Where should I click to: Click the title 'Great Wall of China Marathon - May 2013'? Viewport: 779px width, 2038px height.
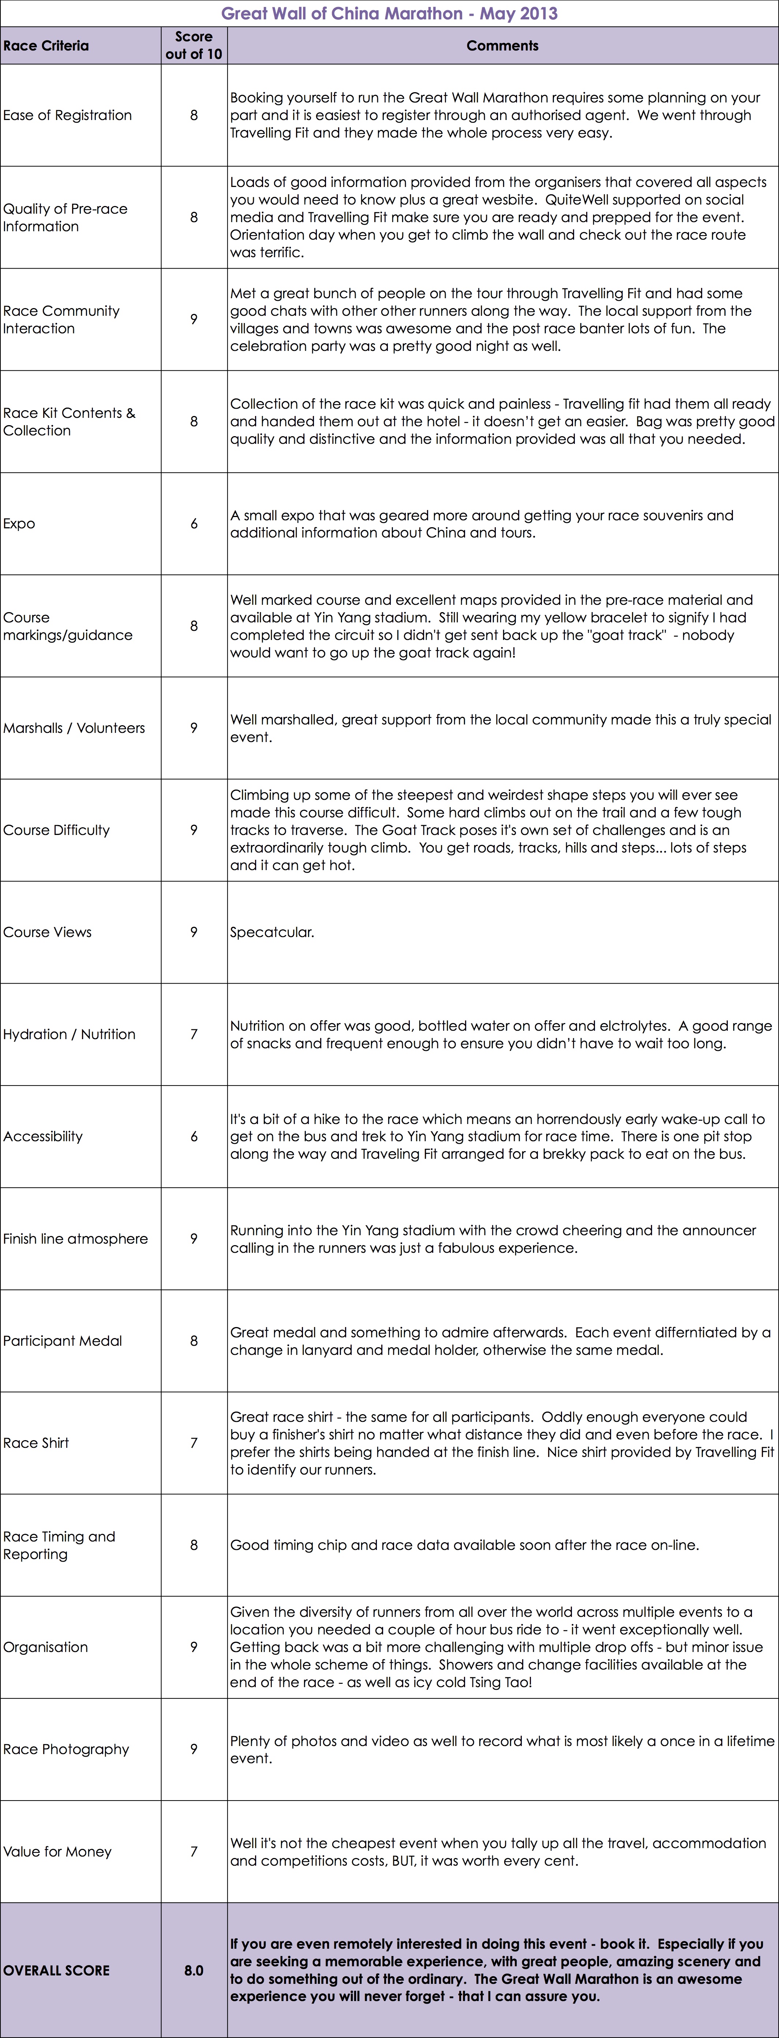coord(389,14)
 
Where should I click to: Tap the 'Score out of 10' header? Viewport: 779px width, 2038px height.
coord(194,45)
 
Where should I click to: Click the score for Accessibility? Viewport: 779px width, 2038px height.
coord(194,1136)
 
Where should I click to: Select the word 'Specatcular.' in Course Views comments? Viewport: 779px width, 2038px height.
coord(272,932)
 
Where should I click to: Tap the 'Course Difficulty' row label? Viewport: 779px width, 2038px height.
coord(56,830)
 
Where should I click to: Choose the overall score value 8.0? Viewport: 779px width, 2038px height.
coord(194,1970)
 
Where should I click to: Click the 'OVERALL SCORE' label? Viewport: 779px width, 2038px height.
coord(56,1970)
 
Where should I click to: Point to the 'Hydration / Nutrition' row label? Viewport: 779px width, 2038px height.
coord(69,1034)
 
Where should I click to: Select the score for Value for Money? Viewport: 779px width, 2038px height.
coord(194,1851)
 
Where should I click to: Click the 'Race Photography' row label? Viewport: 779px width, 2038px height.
coord(65,1749)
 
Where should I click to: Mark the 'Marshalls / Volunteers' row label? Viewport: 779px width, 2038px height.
coord(74,728)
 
